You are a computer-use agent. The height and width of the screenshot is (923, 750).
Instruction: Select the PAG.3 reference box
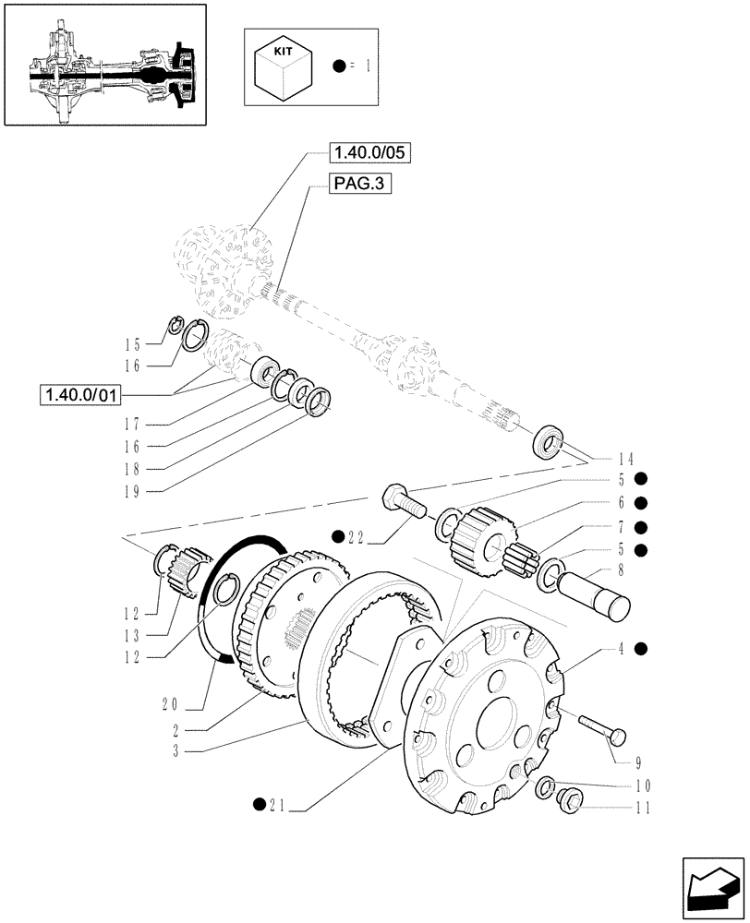pos(359,185)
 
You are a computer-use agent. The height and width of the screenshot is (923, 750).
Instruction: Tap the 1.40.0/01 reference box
pos(80,395)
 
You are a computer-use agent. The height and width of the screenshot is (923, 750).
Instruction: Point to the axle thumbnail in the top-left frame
pos(105,65)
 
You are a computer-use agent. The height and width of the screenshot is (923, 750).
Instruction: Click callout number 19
pos(132,489)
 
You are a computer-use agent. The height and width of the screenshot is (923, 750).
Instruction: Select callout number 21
pos(278,810)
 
